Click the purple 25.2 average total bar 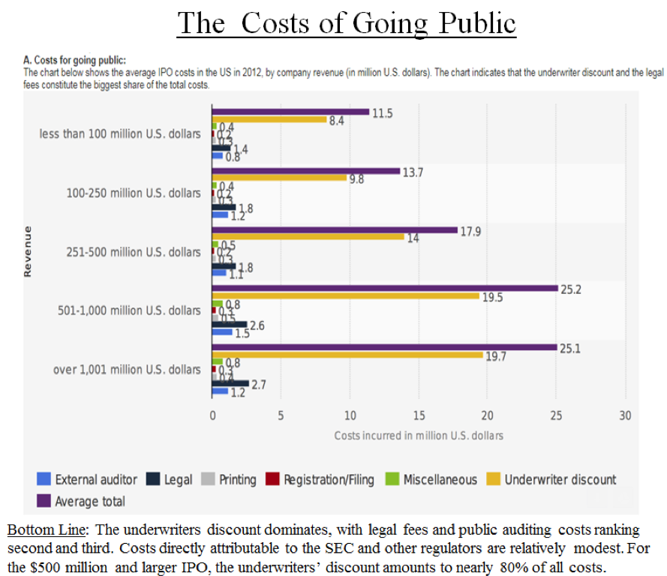coord(385,288)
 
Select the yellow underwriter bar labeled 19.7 coord(347,355)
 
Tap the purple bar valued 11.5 coord(291,112)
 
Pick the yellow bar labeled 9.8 coord(279,178)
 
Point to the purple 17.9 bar coord(335,229)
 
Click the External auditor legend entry coord(87,479)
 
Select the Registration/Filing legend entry coord(320,479)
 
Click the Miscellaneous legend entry coord(431,479)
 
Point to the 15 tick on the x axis coord(419,415)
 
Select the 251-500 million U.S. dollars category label coord(134,252)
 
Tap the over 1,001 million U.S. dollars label coord(127,370)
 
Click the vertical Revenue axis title coord(28,252)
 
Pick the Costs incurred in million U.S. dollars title coord(419,435)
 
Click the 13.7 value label coord(413,172)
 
